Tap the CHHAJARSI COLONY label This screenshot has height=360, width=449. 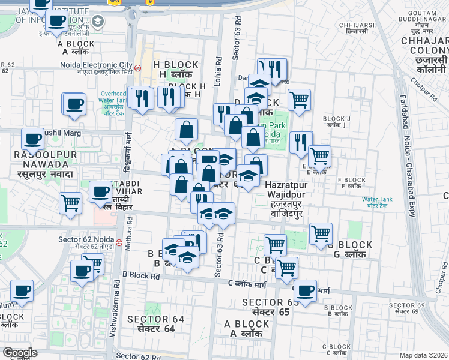click(x=424, y=46)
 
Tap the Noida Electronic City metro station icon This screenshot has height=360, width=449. click(x=138, y=68)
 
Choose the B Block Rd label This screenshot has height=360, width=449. click(x=141, y=275)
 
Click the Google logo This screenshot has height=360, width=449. click(x=20, y=353)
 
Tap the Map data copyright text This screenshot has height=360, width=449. click(x=423, y=355)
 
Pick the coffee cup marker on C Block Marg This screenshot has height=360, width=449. click(x=305, y=290)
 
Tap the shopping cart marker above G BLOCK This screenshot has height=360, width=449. click(x=321, y=233)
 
